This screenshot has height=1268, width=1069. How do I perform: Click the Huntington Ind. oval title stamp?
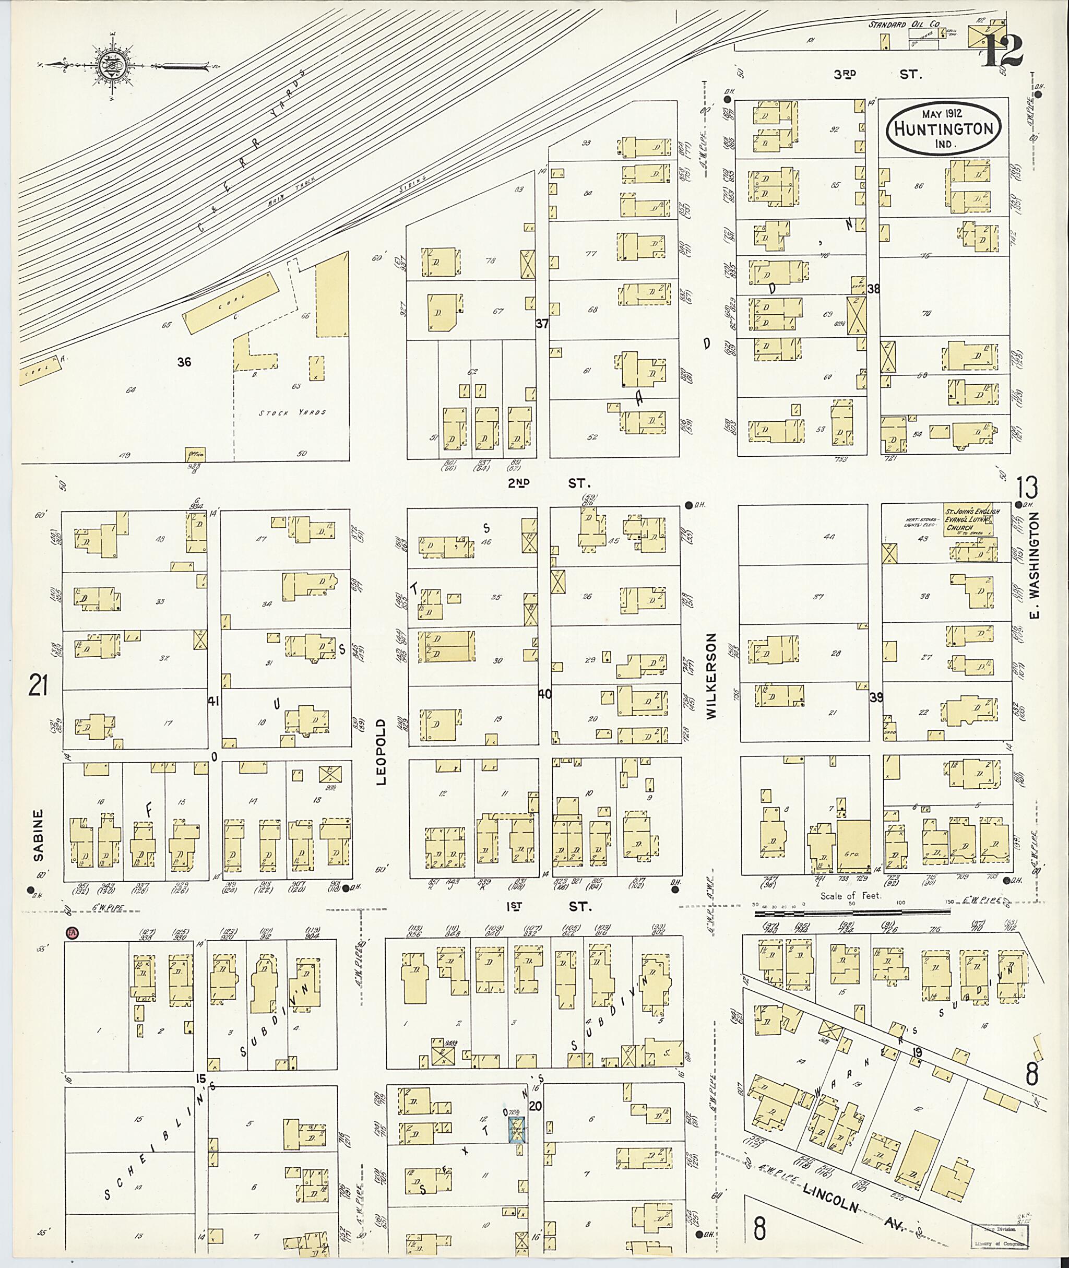coord(943,128)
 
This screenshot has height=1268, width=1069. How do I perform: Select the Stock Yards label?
coord(292,412)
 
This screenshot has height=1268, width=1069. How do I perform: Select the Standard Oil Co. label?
coord(904,24)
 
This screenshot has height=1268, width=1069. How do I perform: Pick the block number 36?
coord(184,362)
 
